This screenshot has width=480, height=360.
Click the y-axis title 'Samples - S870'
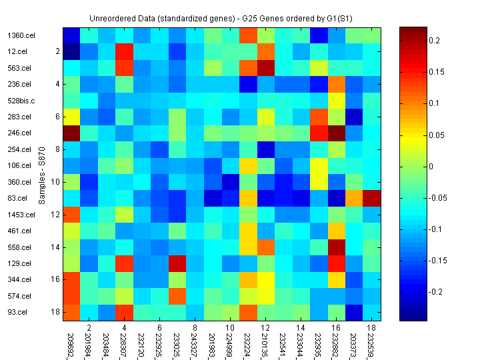41,174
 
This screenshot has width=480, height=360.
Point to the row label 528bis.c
20,101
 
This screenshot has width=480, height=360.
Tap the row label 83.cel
17,199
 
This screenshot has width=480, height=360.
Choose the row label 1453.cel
21,215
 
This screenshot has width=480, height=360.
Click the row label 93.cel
17,312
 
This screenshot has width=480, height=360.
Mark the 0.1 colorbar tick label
435,103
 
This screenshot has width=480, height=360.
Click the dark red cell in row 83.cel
372,198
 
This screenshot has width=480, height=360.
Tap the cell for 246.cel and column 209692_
71,133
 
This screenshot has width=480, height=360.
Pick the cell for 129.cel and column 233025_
176,263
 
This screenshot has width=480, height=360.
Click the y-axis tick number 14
57,247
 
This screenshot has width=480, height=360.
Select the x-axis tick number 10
229,329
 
